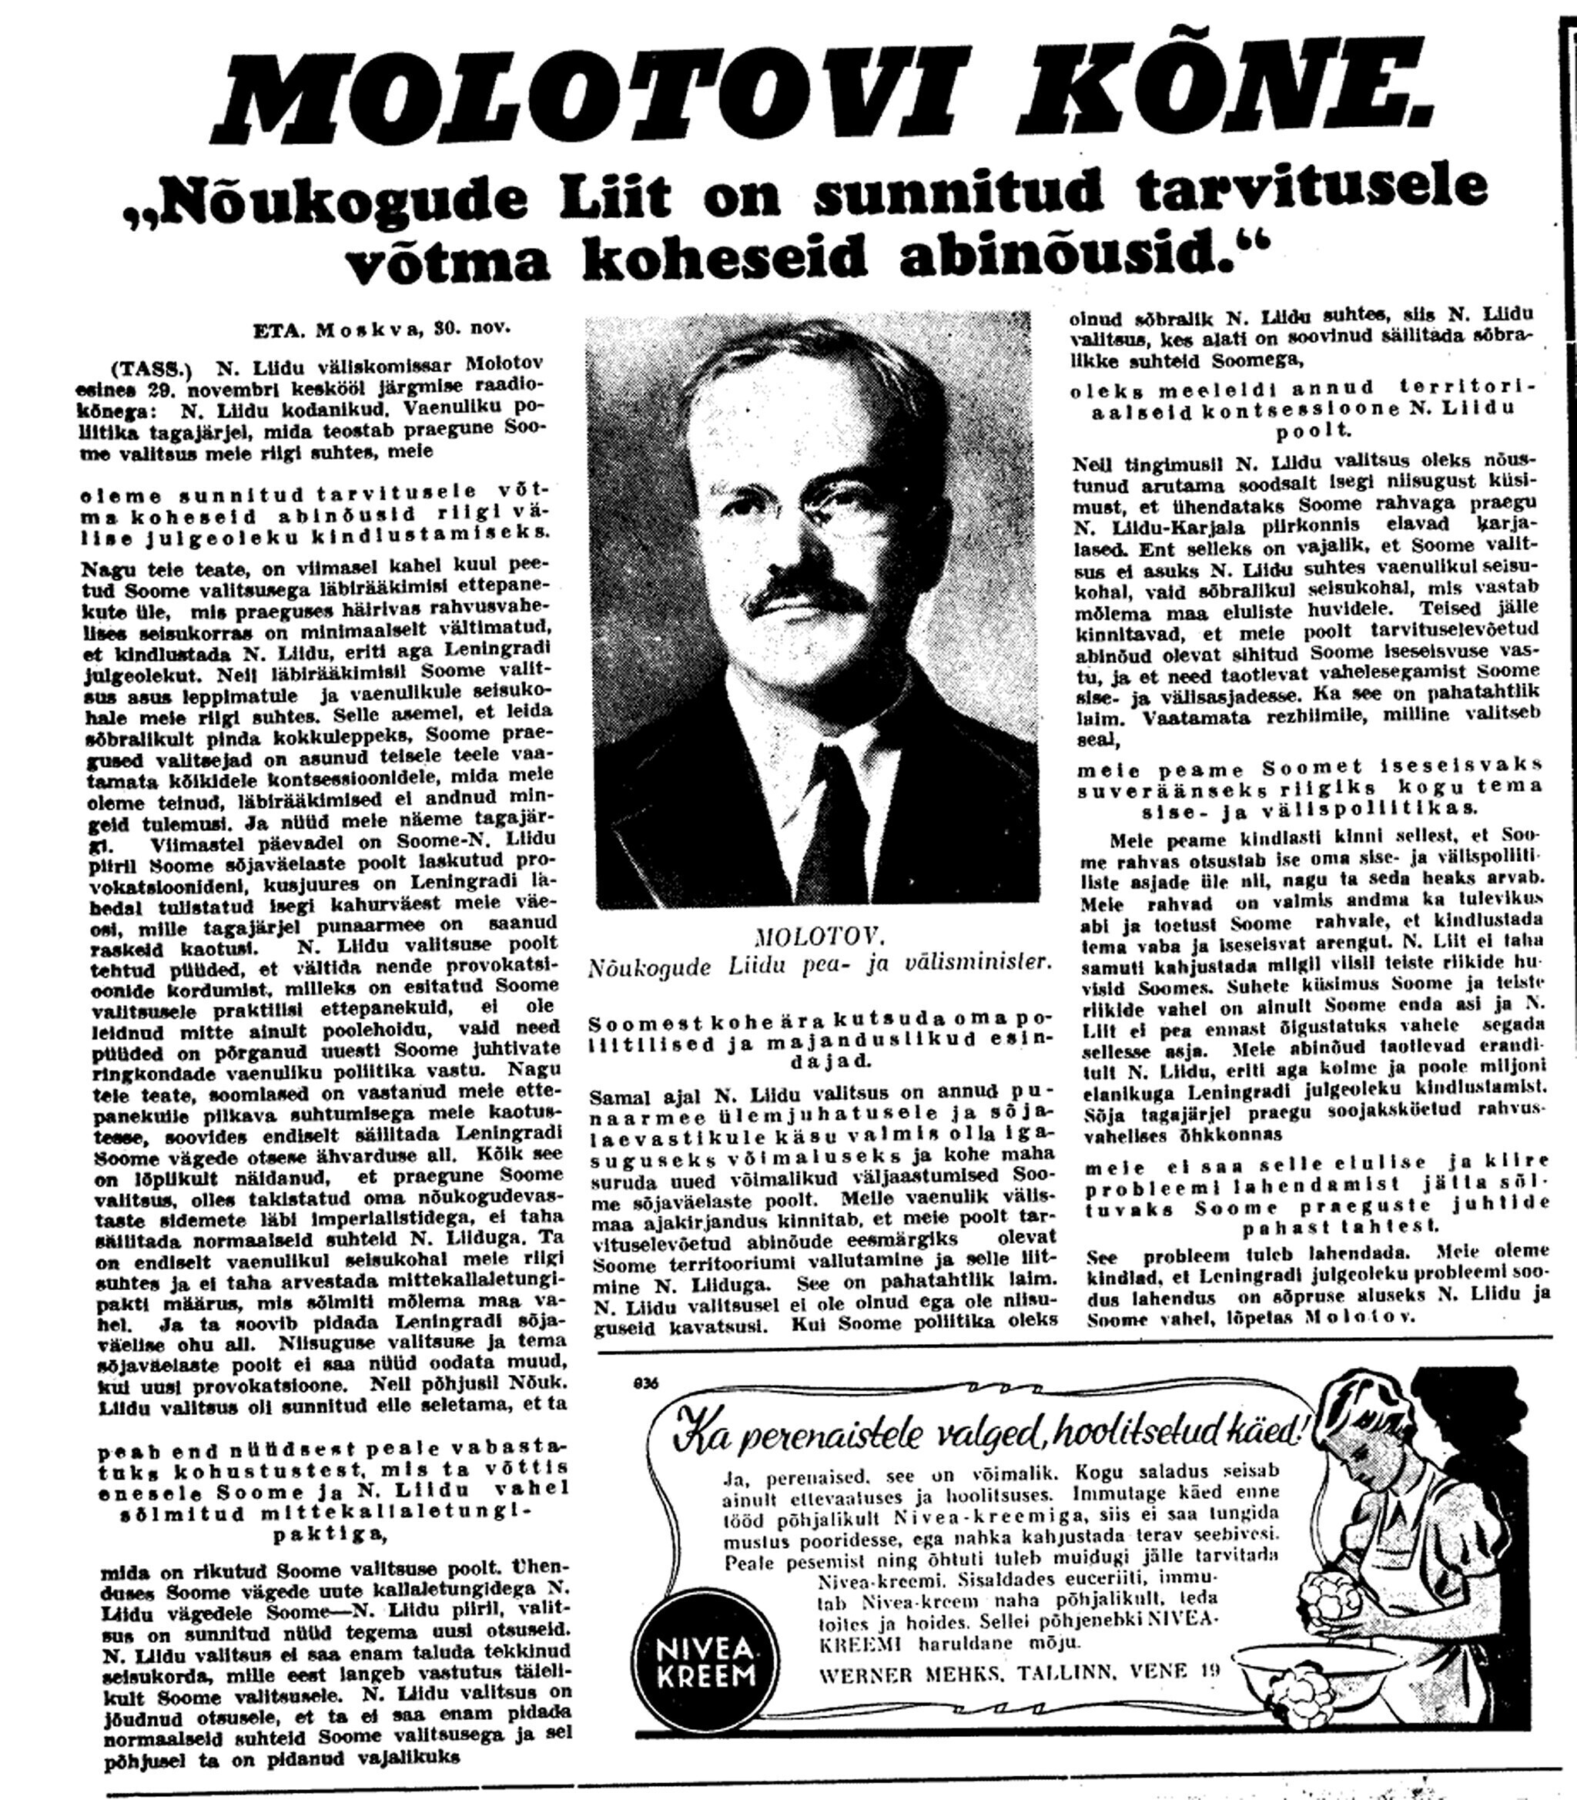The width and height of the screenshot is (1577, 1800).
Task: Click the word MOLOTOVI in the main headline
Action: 563,97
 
